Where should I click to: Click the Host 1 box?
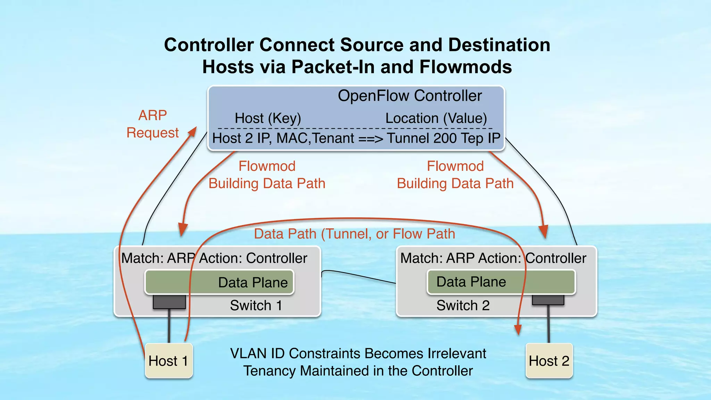click(169, 361)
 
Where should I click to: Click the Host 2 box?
click(549, 361)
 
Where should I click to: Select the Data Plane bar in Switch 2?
click(501, 282)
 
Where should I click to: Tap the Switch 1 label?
click(256, 306)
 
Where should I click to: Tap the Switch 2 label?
click(463, 306)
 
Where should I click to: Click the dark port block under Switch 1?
click(169, 302)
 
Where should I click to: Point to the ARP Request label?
click(152, 124)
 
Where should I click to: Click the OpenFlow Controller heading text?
click(410, 96)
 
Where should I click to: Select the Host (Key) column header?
click(268, 118)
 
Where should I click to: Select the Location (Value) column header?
click(436, 118)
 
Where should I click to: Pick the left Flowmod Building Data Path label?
click(267, 175)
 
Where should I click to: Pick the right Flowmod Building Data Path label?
click(455, 175)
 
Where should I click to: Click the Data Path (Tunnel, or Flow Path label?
click(354, 234)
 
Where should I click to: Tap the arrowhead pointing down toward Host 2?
click(518, 330)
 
